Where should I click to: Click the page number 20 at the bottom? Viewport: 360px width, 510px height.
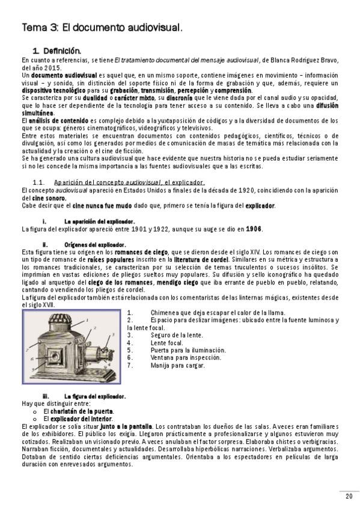(x=349, y=496)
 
